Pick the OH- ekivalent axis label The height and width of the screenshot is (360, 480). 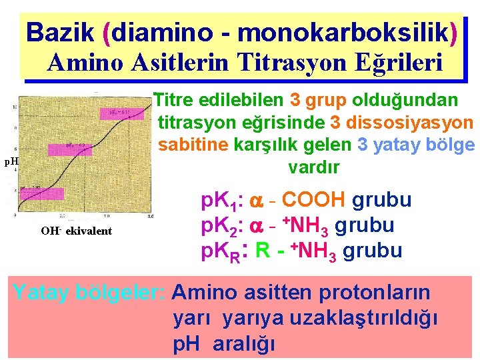click(x=77, y=231)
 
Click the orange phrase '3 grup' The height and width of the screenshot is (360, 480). click(x=318, y=100)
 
